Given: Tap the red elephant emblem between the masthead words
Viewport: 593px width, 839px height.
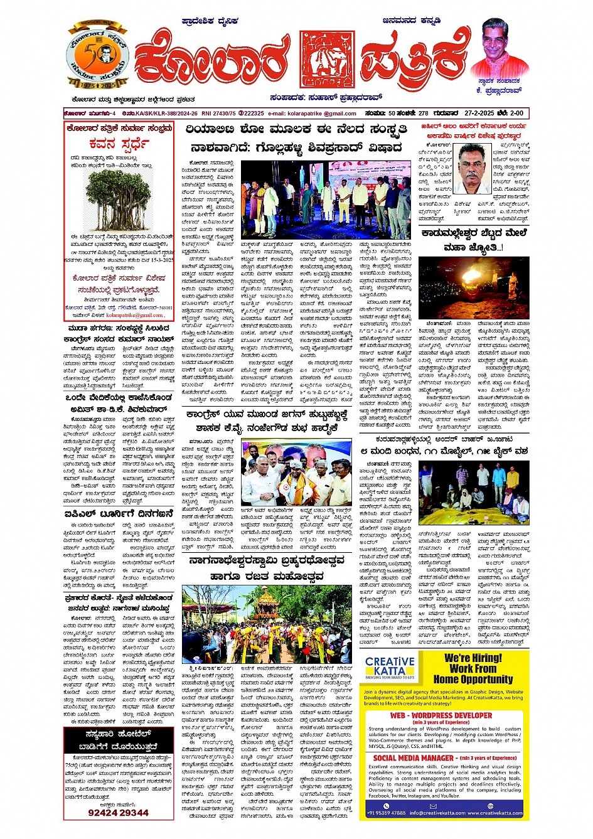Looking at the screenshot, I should pos(326,59).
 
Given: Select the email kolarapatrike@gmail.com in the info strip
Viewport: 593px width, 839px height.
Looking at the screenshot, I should pos(313,114).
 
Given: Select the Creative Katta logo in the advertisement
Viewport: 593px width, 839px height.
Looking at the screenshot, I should pos(390,669).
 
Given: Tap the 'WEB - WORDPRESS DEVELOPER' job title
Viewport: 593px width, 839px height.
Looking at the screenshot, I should pos(441,715).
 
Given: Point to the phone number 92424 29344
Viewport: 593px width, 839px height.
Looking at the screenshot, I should pos(119,813).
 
